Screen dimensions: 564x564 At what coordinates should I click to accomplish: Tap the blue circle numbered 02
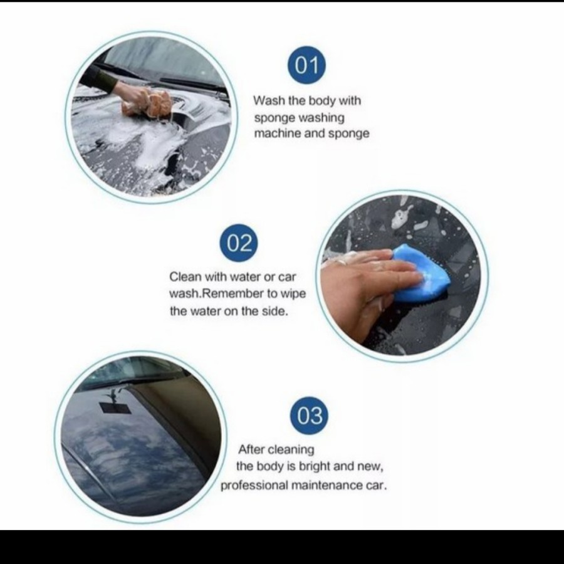pyautogui.click(x=239, y=243)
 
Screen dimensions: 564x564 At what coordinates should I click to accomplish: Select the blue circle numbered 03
pyautogui.click(x=310, y=415)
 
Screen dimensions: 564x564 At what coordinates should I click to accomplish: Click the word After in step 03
pyautogui.click(x=251, y=449)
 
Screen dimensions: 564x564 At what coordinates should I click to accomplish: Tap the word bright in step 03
pyautogui.click(x=307, y=467)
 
